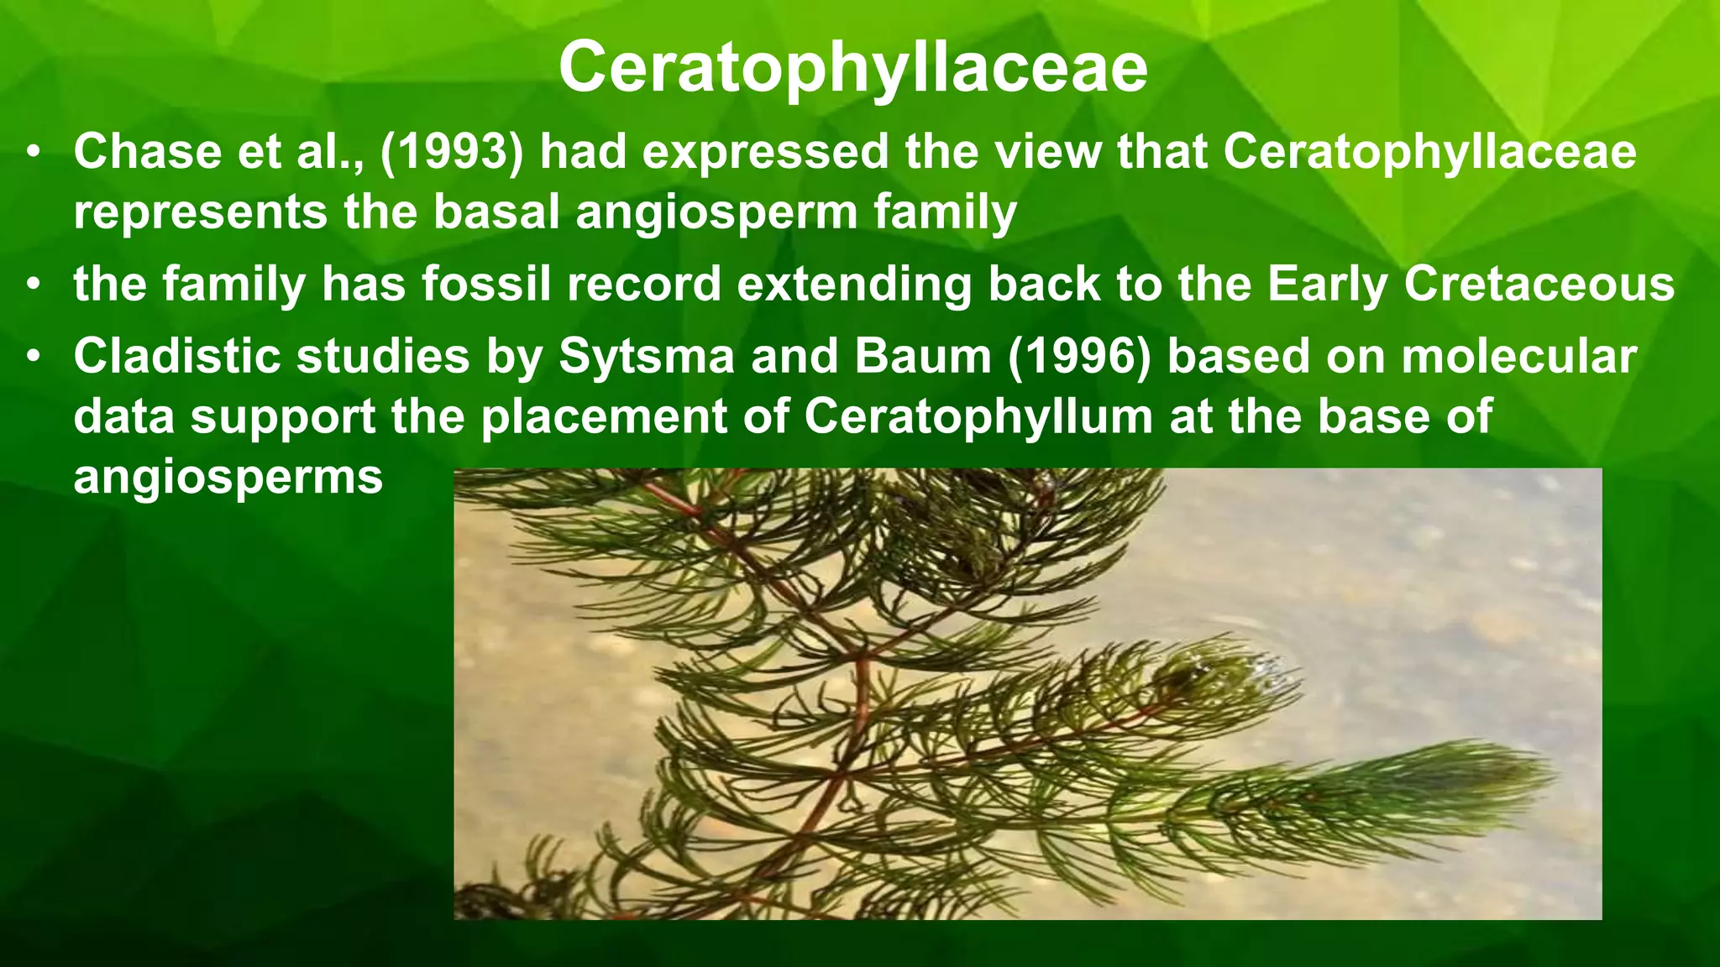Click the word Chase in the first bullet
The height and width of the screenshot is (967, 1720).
(x=148, y=153)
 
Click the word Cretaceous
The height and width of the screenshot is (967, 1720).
(x=1539, y=284)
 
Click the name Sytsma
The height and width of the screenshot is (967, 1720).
(x=647, y=357)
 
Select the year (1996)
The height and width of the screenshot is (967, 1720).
(x=1079, y=357)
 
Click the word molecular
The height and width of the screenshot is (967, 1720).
(x=1518, y=357)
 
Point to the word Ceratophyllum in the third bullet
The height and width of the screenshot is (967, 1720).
(x=978, y=417)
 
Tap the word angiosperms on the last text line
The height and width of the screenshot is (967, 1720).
(x=228, y=478)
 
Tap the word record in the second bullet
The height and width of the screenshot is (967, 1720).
(x=643, y=284)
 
